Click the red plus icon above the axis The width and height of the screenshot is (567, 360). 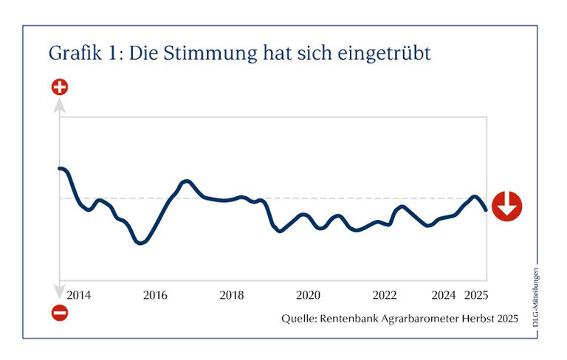pyautogui.click(x=60, y=88)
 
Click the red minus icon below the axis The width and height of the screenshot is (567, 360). pyautogui.click(x=60, y=314)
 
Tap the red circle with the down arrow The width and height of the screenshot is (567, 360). pyautogui.click(x=507, y=206)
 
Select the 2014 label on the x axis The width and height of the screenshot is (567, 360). pyautogui.click(x=78, y=295)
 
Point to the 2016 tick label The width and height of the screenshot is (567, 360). pyautogui.click(x=155, y=295)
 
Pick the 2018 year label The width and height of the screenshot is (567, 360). pyautogui.click(x=232, y=295)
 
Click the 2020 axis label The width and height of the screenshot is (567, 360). pyautogui.click(x=308, y=295)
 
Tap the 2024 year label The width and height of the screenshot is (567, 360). pyautogui.click(x=444, y=295)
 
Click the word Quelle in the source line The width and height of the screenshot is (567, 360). pyautogui.click(x=298, y=319)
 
